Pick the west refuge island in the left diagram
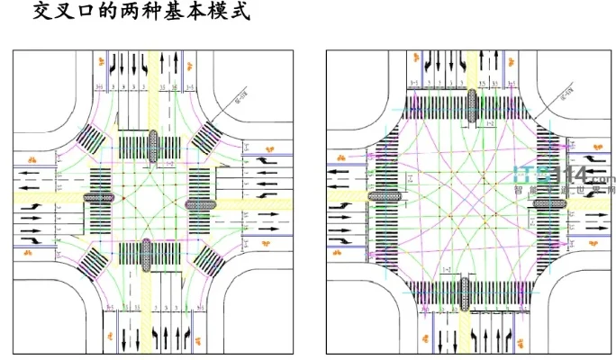[x=99, y=197]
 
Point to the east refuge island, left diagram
[x=201, y=205]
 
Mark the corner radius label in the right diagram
[x=566, y=93]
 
